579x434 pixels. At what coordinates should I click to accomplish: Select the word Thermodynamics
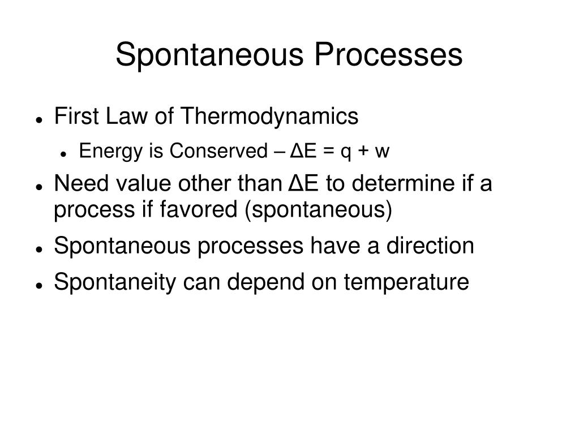click(x=269, y=117)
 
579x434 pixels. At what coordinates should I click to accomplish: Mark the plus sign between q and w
click(x=365, y=152)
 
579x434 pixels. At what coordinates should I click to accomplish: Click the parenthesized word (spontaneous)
click(x=319, y=210)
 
